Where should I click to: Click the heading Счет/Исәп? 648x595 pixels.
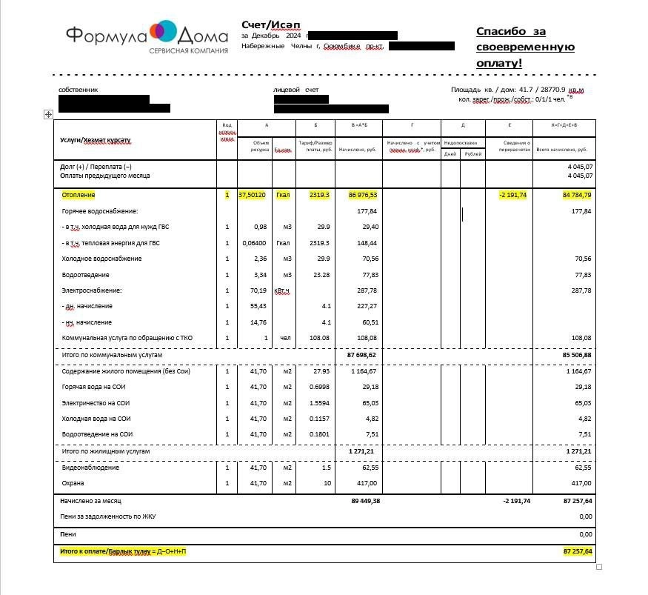coord(266,24)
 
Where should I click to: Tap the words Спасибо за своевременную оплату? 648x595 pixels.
coord(524,47)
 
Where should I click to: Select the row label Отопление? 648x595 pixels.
coord(79,196)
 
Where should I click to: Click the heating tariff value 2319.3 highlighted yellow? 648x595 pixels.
coord(319,196)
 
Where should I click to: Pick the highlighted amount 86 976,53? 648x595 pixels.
coord(362,196)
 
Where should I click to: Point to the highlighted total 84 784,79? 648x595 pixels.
coord(577,196)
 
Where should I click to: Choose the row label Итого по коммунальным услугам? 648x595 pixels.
coord(111,356)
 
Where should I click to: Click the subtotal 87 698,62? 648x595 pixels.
coord(361,356)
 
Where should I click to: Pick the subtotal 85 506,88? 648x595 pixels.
coord(576,356)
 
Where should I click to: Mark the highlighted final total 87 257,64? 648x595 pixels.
coord(577,552)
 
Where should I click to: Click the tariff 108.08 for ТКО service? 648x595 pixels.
coord(319,339)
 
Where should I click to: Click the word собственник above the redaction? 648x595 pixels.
coord(78,90)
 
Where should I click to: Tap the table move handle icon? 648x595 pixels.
coord(48,114)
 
